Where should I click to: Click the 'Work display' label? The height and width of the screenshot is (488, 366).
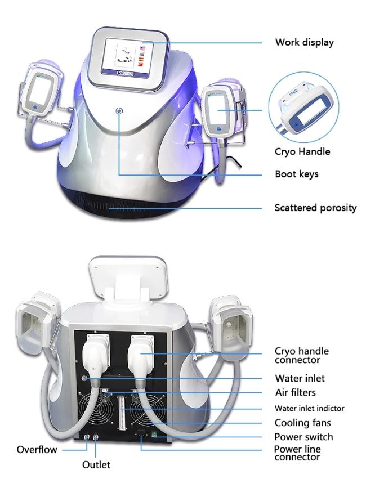point(305,42)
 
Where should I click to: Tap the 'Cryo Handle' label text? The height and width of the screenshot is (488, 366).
point(302,151)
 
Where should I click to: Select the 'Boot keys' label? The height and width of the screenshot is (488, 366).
point(297,174)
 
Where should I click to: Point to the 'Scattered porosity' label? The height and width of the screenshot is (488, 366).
point(315,208)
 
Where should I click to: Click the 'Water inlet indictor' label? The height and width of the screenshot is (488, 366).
point(309,408)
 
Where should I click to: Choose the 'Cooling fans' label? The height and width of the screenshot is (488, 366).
point(302,423)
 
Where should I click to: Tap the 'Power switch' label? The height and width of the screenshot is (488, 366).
point(303,437)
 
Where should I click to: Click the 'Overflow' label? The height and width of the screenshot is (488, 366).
point(37,449)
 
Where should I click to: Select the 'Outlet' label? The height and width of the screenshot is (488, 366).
point(96,464)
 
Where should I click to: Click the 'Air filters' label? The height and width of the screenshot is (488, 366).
point(296,392)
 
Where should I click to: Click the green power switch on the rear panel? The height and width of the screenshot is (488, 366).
point(154,435)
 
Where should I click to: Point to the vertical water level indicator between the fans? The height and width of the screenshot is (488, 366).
point(121,411)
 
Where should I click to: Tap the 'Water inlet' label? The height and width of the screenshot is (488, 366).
point(300,378)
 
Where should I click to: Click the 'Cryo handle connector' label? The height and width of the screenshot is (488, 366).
point(302,355)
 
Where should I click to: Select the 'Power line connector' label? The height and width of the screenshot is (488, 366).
point(297,453)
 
